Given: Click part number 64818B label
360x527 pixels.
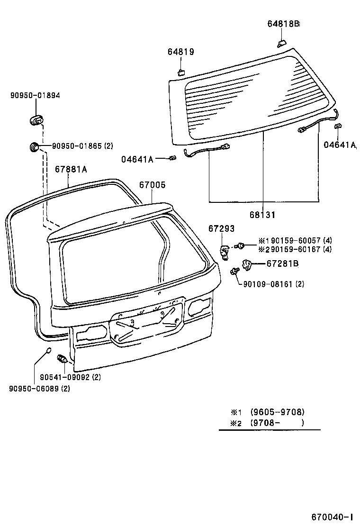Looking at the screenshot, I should pos(282,24).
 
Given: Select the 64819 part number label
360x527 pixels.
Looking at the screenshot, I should pos(180,52).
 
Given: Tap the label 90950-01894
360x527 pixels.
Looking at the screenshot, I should pos(35,95).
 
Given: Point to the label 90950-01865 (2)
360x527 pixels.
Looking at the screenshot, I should pos(82,146).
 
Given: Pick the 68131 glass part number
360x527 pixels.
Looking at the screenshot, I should pos(262,214).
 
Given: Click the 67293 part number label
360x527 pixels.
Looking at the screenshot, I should pos(221,229).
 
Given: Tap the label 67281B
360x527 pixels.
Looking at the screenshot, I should pos(282,263).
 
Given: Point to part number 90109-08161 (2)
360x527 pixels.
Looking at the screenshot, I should pos(273,284).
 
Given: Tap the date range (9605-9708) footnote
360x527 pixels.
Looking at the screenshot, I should pos(277,412).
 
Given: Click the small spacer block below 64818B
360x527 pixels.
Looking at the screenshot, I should pos(281,43).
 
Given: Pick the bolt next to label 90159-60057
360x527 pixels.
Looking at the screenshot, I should pos(241,245).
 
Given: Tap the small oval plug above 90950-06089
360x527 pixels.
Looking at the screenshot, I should pos(48,351).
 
